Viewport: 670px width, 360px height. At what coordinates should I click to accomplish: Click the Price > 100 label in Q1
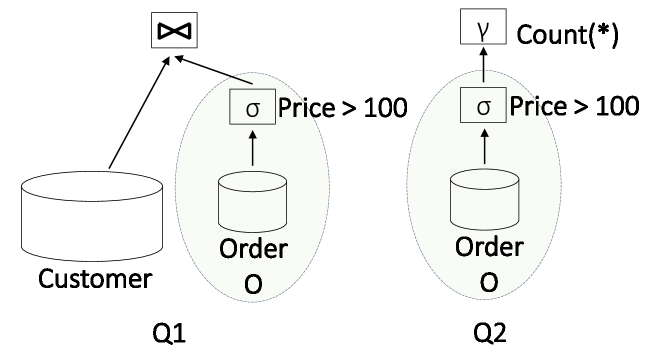point(340,106)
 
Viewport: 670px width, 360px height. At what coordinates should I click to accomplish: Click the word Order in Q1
point(251,250)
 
